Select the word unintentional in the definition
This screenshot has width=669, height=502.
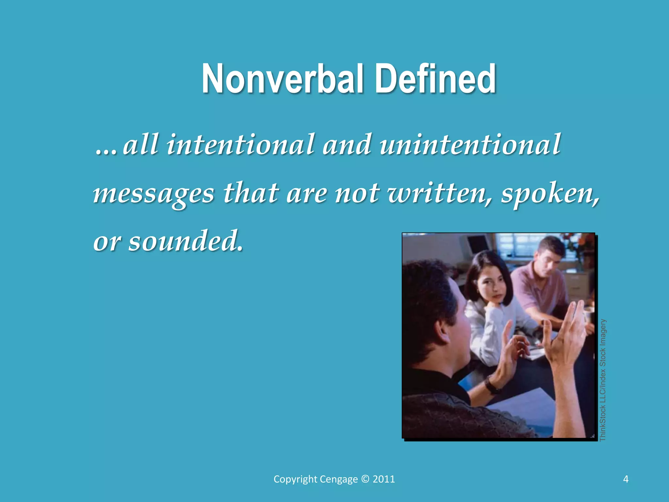point(470,144)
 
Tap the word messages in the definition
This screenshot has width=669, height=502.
point(154,193)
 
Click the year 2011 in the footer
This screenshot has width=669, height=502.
point(384,479)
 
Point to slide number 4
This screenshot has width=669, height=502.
point(626,479)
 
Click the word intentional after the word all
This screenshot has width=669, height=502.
point(240,144)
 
